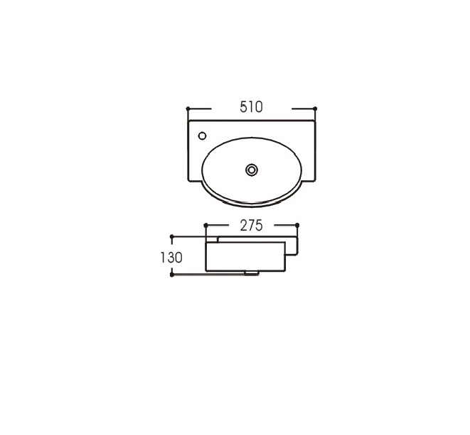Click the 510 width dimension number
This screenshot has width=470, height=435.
click(x=252, y=107)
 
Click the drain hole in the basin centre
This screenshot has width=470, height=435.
click(x=252, y=170)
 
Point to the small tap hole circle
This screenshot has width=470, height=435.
click(x=202, y=135)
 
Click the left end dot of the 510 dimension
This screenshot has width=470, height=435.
click(x=188, y=109)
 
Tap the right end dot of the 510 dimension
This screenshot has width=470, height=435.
click(x=314, y=109)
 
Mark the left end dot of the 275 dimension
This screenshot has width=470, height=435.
click(x=205, y=225)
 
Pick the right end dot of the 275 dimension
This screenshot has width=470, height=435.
click(x=297, y=225)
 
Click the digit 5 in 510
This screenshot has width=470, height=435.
click(x=243, y=107)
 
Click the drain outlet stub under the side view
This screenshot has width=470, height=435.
click(x=252, y=272)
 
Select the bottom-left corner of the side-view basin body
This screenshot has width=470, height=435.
click(x=205, y=271)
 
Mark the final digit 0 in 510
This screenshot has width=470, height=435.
click(x=259, y=107)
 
